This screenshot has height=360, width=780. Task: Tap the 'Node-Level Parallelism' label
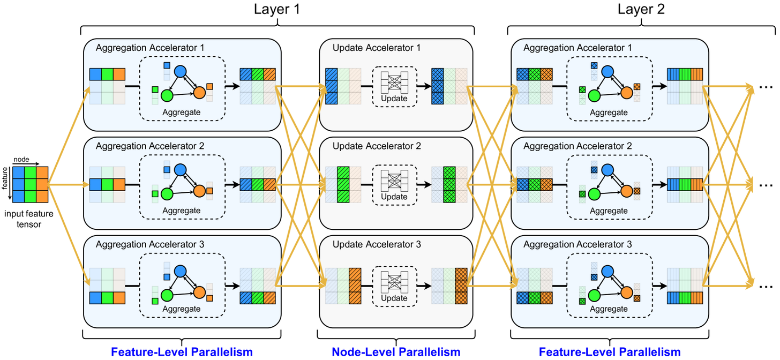pos(396,352)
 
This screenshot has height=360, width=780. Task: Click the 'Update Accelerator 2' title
pos(377,146)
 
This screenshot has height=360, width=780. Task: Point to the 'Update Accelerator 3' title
pos(377,245)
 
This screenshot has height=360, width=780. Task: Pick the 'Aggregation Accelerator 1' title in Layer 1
pos(150,48)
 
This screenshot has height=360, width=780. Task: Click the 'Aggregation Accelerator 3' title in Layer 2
pos(577,245)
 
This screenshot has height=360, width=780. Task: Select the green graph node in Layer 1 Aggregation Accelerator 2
pos(166,194)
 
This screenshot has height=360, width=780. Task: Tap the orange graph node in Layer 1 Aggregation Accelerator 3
pos(200,293)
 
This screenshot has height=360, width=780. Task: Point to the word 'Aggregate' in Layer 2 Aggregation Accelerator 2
pos(609,211)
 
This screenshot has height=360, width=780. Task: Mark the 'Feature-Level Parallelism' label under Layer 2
pos(609,352)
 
